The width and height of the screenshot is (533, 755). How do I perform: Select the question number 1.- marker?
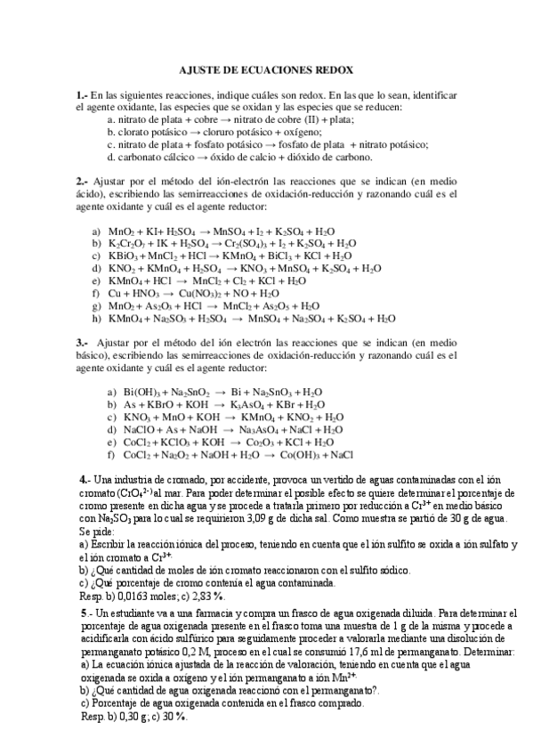[83, 94]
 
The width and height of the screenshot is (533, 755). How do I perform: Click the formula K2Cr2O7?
[131, 242]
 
